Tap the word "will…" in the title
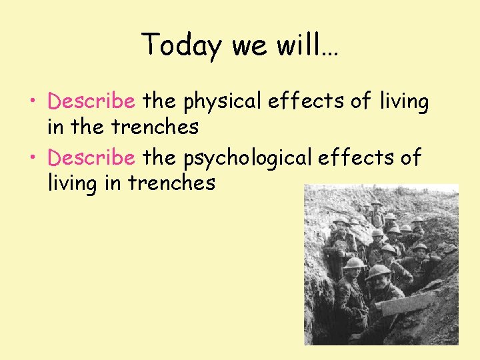313,45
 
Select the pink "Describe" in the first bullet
91,101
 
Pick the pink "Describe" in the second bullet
91,158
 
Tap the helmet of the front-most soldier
379,271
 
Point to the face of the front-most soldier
383,285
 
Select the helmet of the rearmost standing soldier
377,202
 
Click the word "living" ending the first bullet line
404,102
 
